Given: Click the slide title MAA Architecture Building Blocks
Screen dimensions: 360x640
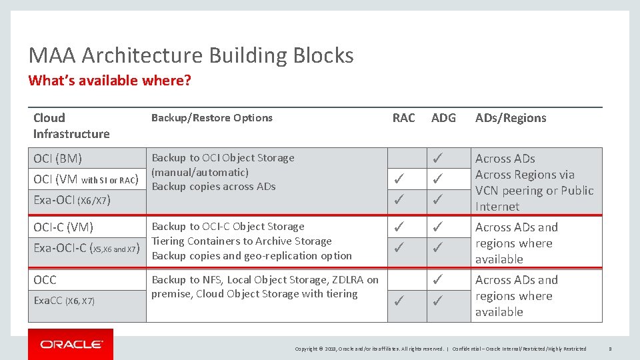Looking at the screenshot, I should tap(191, 55).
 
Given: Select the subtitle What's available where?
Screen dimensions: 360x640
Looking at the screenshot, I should tap(109, 81).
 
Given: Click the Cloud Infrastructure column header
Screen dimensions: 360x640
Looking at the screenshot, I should tap(71, 126).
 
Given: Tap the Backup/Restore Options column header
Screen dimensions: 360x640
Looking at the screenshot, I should tap(211, 118).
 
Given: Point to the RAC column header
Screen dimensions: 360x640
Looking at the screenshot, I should tap(403, 118).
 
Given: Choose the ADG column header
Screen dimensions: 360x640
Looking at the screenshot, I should tap(443, 118).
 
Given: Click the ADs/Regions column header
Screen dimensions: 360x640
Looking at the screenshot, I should tap(510, 118).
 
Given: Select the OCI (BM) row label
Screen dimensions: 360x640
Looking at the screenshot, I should tap(58, 159).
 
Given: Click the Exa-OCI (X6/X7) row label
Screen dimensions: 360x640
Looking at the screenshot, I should tap(71, 200).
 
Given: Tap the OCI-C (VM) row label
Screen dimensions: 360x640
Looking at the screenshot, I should tap(63, 227).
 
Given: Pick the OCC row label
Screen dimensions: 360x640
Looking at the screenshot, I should tap(45, 280).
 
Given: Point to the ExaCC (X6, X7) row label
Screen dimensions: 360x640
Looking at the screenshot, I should tap(64, 301).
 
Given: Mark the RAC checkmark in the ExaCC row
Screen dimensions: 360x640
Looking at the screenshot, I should tap(397, 301).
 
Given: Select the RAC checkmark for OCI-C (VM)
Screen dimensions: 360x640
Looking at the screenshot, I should tap(397, 227).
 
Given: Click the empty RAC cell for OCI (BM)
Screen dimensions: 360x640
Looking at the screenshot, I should tap(407, 159).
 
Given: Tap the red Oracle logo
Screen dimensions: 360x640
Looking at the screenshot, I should tap(71, 344).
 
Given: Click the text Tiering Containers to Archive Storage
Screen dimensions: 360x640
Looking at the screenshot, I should tap(241, 241).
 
